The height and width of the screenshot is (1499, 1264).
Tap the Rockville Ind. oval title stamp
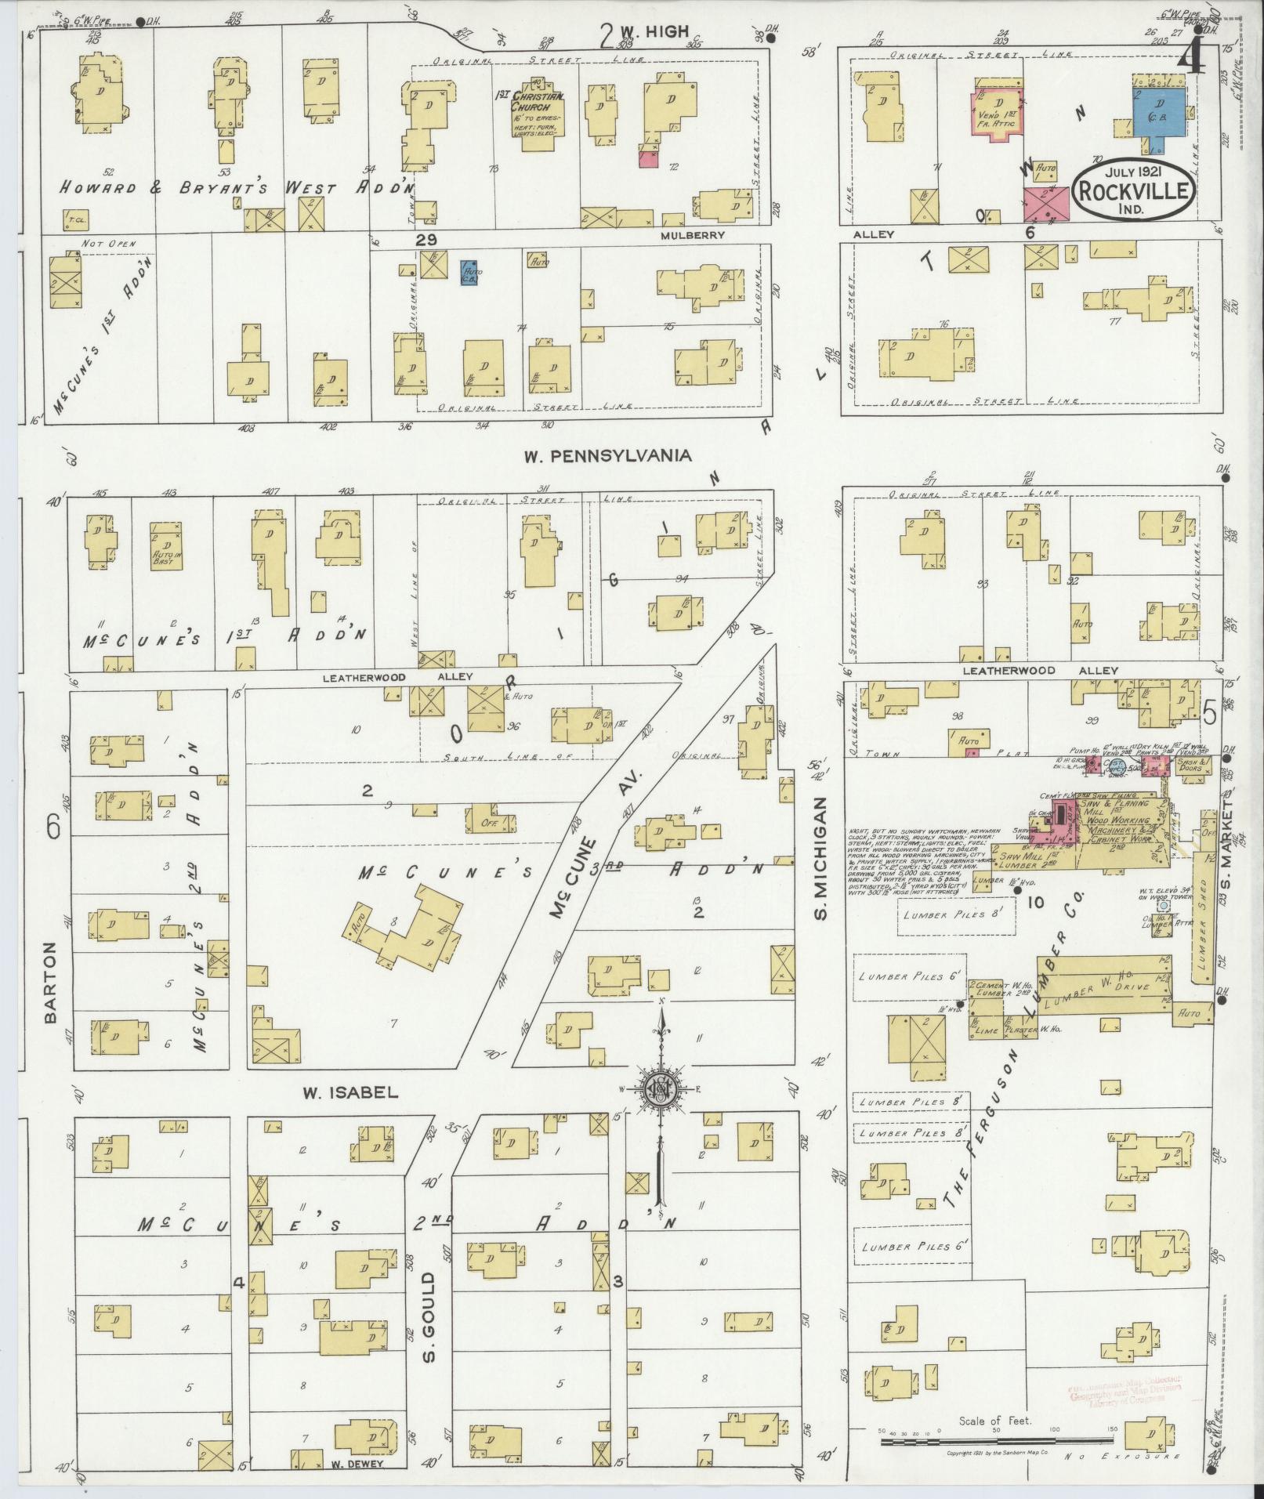coord(1134,190)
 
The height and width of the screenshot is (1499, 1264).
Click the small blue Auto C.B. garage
coord(470,271)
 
